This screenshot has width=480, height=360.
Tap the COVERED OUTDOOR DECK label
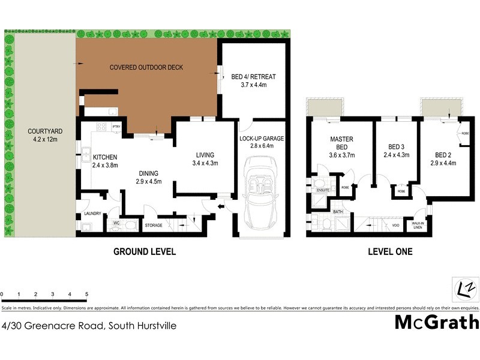[146, 67]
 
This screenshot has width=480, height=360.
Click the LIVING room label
[205, 154]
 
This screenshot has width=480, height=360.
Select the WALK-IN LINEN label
[418, 226]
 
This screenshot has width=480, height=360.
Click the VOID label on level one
[395, 226]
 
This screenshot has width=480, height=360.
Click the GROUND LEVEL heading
[145, 252]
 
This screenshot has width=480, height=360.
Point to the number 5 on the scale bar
[87, 295]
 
